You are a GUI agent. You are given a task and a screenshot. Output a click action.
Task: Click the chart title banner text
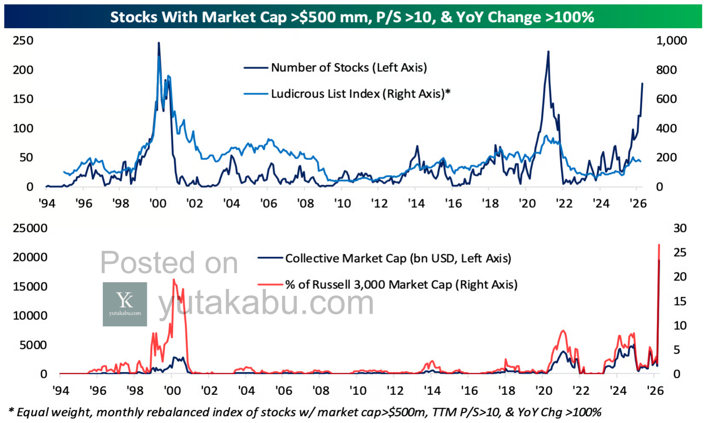click(x=352, y=17)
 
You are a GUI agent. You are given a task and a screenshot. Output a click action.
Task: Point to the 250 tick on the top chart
click(x=23, y=41)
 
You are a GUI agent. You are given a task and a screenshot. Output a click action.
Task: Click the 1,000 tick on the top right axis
click(x=671, y=41)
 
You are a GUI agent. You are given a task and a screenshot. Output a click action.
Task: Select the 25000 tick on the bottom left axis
click(x=30, y=228)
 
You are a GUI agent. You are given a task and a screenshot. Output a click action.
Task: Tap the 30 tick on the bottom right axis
click(x=680, y=228)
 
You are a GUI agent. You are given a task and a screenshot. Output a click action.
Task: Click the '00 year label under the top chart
click(x=157, y=203)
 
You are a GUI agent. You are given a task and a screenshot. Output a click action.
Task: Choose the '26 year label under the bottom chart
click(x=655, y=391)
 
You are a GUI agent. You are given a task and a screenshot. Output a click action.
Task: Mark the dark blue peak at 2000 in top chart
click(x=158, y=43)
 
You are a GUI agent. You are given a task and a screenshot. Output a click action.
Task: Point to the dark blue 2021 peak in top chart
click(x=548, y=52)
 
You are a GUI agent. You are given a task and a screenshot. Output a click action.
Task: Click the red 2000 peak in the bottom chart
click(x=174, y=280)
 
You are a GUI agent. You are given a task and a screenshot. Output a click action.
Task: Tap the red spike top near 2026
click(x=659, y=245)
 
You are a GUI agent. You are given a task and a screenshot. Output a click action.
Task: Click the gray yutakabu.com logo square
click(x=125, y=304)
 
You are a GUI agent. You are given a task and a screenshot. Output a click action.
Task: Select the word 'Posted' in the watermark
click(x=147, y=263)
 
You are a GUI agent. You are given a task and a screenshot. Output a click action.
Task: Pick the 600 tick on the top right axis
click(x=666, y=99)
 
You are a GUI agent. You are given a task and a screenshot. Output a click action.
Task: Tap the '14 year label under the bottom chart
click(x=432, y=391)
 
